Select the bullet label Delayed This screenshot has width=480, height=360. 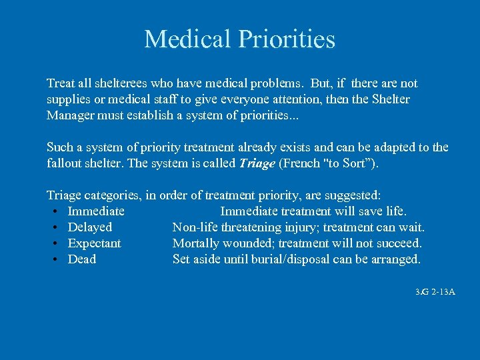coord(90,227)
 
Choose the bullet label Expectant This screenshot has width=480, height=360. coord(95,243)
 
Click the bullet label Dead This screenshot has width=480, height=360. coord(82,259)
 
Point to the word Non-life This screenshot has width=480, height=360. coord(195,227)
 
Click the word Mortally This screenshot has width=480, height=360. coord(195,243)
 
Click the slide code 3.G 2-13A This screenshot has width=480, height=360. coord(435,292)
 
